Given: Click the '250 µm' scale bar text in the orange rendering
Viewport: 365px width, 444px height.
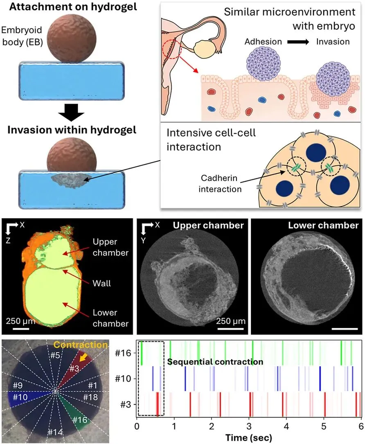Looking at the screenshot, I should [20, 322].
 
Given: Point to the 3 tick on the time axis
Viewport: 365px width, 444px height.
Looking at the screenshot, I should [249, 428].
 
